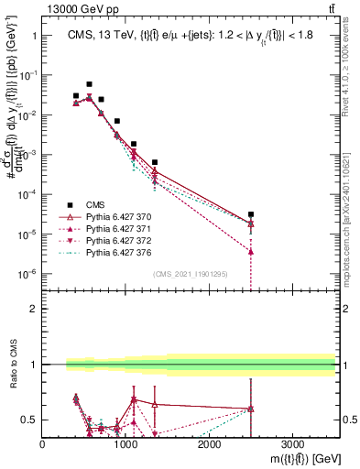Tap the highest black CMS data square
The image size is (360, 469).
tap(89, 84)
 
